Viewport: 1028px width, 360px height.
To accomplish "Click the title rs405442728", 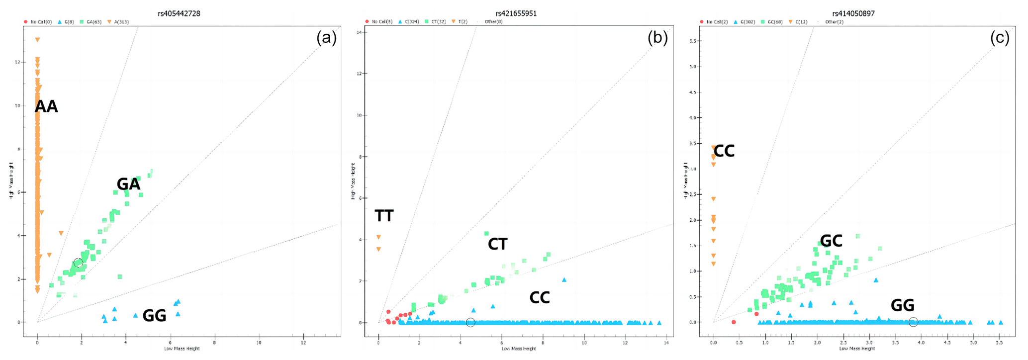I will [x=179, y=13].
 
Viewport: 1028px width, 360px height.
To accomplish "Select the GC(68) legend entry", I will [x=769, y=22].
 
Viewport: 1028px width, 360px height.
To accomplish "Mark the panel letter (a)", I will [x=326, y=38].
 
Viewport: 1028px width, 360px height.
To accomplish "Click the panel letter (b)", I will [x=657, y=38].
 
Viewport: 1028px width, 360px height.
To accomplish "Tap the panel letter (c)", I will [x=999, y=38].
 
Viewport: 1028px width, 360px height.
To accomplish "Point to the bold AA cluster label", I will [x=46, y=106].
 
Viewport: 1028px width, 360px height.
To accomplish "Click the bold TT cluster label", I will [x=384, y=216].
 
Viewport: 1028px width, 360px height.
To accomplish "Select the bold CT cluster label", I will [x=497, y=244].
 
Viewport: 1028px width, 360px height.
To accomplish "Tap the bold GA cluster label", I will [x=128, y=184].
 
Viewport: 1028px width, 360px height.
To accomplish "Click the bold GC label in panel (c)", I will [x=831, y=241].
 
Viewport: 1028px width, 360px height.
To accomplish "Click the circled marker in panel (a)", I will [x=78, y=263].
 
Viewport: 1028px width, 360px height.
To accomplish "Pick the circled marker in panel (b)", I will [x=470, y=323].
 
